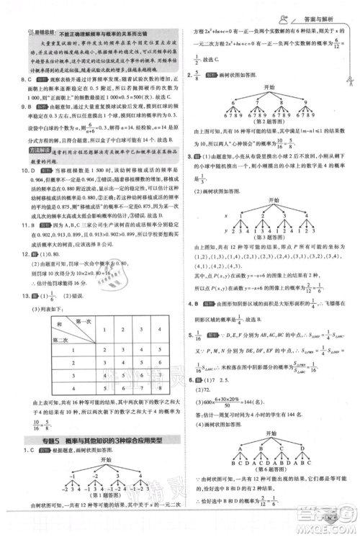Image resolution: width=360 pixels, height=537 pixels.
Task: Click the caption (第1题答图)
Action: [93, 499]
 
